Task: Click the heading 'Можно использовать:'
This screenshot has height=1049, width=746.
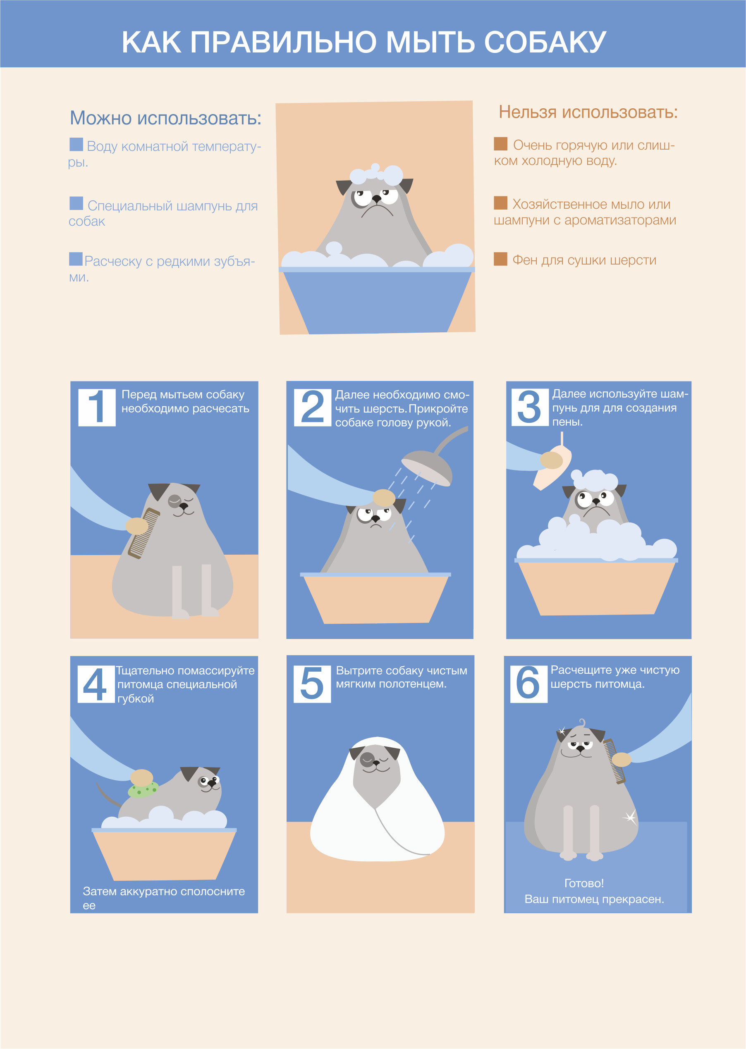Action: [x=165, y=118]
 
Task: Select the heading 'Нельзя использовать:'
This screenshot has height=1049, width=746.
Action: [x=588, y=112]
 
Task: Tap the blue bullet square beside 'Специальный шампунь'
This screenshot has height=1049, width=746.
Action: [x=76, y=203]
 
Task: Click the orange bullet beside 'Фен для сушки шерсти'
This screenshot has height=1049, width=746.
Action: [x=500, y=259]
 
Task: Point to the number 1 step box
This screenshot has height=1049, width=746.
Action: [x=96, y=408]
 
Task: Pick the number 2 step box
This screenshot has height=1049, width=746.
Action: [x=312, y=408]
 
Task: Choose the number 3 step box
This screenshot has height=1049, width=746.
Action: [x=530, y=408]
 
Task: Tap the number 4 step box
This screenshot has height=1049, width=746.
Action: [x=96, y=684]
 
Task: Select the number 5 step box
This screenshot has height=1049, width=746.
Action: [x=312, y=684]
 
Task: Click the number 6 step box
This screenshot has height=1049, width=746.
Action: [x=529, y=684]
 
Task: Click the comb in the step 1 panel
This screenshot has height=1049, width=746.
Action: [x=144, y=533]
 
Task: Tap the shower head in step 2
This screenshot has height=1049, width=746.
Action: [x=427, y=467]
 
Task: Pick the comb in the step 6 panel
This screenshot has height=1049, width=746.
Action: [x=614, y=761]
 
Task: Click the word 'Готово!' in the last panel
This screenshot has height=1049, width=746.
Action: [x=584, y=883]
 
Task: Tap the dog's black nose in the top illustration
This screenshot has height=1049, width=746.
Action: [x=376, y=199]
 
